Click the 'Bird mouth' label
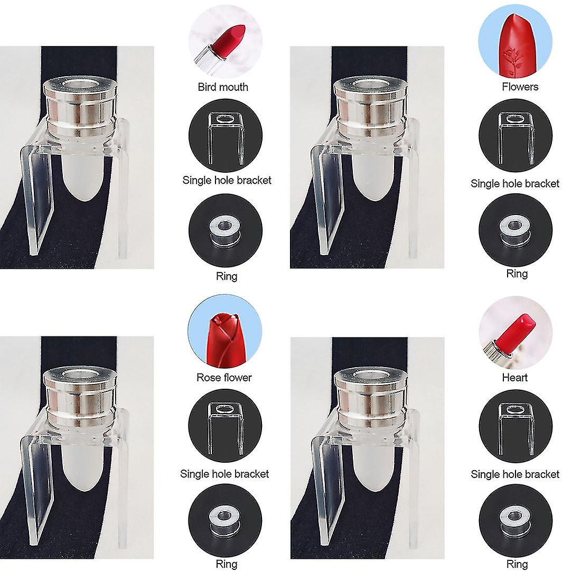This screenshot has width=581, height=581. [x=223, y=87]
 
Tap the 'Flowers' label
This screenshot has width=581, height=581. [x=520, y=87]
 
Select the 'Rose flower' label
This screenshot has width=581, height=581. [x=224, y=378]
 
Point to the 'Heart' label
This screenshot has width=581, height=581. [x=514, y=378]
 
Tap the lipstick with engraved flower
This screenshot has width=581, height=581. [x=516, y=41]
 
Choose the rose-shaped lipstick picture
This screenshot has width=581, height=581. [x=225, y=331]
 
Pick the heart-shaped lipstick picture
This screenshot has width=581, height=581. [x=516, y=332]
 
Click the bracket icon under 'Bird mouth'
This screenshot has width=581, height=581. [x=226, y=136]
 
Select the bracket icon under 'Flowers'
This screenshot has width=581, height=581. [x=516, y=136]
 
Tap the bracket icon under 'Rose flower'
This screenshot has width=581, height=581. [x=225, y=426]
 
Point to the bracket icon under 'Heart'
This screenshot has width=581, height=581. [x=516, y=426]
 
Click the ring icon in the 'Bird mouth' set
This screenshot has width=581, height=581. [x=226, y=230]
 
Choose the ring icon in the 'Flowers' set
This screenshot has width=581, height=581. [x=516, y=230]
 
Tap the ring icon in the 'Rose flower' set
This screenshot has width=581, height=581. [x=225, y=521]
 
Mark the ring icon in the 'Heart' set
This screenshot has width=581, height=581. [x=516, y=520]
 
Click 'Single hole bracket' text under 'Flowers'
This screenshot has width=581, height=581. [x=515, y=183]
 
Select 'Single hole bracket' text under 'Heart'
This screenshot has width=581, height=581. [x=515, y=474]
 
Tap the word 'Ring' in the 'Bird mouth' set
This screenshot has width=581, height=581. [x=227, y=276]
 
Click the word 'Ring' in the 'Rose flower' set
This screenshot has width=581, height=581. [x=227, y=564]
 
